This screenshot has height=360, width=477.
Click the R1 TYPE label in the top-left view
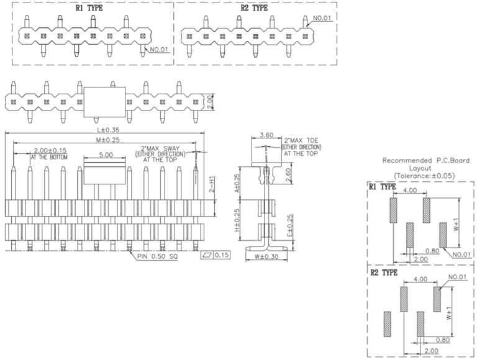(x=89, y=8)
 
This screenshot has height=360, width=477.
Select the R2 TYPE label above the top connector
(x=254, y=8)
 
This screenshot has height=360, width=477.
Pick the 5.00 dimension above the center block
(x=106, y=155)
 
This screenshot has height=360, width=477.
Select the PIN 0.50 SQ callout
(x=158, y=256)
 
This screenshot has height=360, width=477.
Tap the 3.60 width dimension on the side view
(x=266, y=135)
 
